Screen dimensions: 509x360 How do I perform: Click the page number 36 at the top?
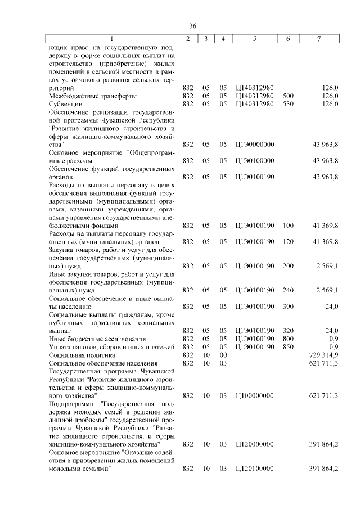click(192, 26)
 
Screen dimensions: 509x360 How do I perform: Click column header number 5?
click(255, 39)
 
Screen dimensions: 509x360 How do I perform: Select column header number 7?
click(319, 39)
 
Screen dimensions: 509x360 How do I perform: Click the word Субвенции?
click(66, 104)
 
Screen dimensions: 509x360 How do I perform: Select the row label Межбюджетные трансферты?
click(84, 96)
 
